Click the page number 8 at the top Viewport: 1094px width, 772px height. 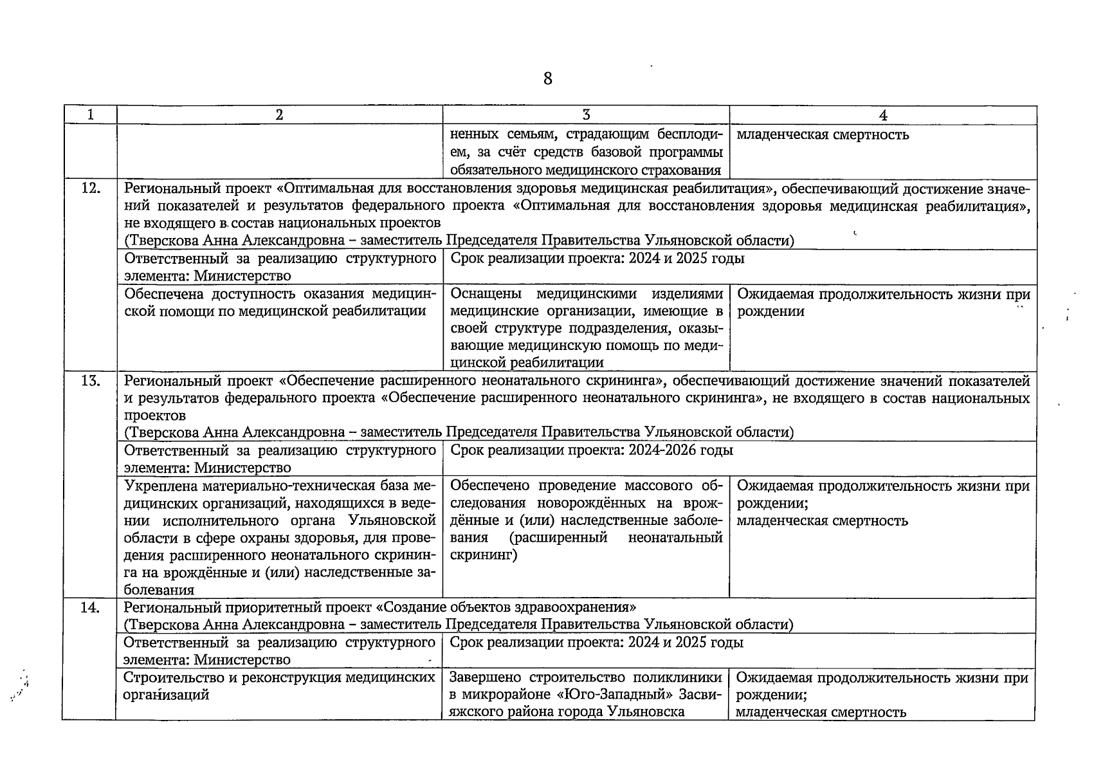click(547, 79)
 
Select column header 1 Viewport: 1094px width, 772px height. click(90, 115)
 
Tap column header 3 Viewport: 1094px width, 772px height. click(586, 115)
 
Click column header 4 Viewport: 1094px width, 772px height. click(883, 115)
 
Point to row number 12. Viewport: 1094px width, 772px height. click(90, 188)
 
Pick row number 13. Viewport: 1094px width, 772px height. click(90, 380)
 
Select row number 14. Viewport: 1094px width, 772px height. click(89, 607)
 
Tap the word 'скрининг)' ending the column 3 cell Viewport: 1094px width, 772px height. click(484, 555)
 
